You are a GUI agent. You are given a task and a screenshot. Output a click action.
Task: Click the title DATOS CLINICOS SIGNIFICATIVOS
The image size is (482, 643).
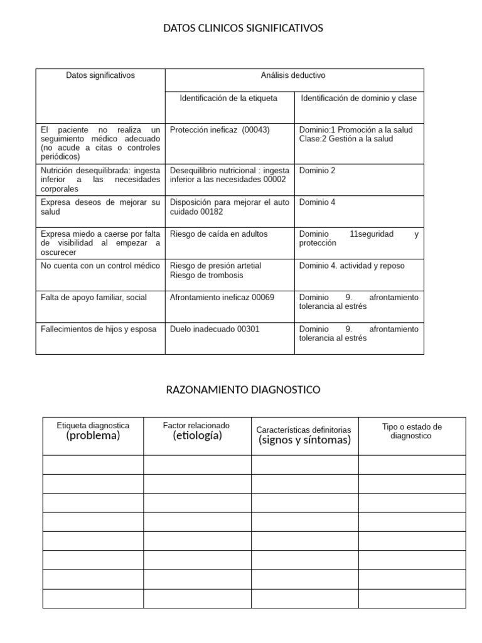243,28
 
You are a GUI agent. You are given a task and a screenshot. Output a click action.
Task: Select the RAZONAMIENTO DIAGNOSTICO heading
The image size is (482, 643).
243,390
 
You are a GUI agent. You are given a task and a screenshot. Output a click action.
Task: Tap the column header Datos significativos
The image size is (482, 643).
100,75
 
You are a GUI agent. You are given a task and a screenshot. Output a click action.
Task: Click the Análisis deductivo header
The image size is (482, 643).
293,75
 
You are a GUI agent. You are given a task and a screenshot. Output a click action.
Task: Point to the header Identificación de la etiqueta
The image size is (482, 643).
228,98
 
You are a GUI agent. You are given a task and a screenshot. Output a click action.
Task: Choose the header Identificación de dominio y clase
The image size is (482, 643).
358,98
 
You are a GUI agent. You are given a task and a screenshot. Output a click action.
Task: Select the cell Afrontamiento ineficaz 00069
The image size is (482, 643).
222,298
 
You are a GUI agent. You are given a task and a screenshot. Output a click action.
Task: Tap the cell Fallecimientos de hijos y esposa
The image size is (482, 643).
99,329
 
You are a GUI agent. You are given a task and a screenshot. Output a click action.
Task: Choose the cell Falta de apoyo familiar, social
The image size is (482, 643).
94,298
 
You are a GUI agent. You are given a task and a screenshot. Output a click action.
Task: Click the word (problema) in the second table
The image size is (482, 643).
93,436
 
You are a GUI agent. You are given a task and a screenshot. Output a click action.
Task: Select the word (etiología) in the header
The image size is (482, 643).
197,436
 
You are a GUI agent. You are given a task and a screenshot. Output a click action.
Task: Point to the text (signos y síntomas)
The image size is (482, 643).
304,440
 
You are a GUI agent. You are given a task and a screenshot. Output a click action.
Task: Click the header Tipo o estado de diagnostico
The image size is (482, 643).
412,431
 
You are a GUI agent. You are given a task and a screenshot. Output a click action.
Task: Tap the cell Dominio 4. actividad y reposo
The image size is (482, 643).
351,266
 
